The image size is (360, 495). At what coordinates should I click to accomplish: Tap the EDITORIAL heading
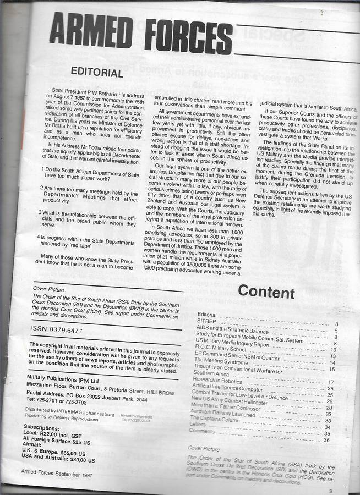pos(97,73)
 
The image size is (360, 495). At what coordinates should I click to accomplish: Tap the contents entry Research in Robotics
pos(219,380)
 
